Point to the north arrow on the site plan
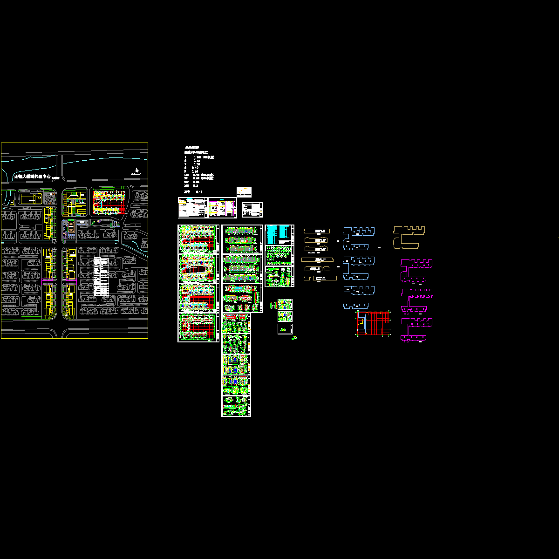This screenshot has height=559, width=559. [x=136, y=171]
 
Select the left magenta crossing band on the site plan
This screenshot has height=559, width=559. [x=48, y=279]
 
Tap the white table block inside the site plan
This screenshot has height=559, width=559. [x=101, y=277]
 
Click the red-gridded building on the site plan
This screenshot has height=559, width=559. [x=110, y=201]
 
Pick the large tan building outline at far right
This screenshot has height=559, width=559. [x=409, y=237]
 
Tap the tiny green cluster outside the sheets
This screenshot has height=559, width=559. [x=294, y=338]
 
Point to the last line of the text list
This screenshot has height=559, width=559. [x=193, y=191]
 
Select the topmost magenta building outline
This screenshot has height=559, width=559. [x=416, y=270]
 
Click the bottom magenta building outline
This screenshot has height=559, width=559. [x=416, y=329]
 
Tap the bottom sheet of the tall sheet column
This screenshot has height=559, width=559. [x=236, y=406]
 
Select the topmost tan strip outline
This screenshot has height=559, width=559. [x=317, y=231]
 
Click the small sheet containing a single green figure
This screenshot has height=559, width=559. [x=285, y=328]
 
